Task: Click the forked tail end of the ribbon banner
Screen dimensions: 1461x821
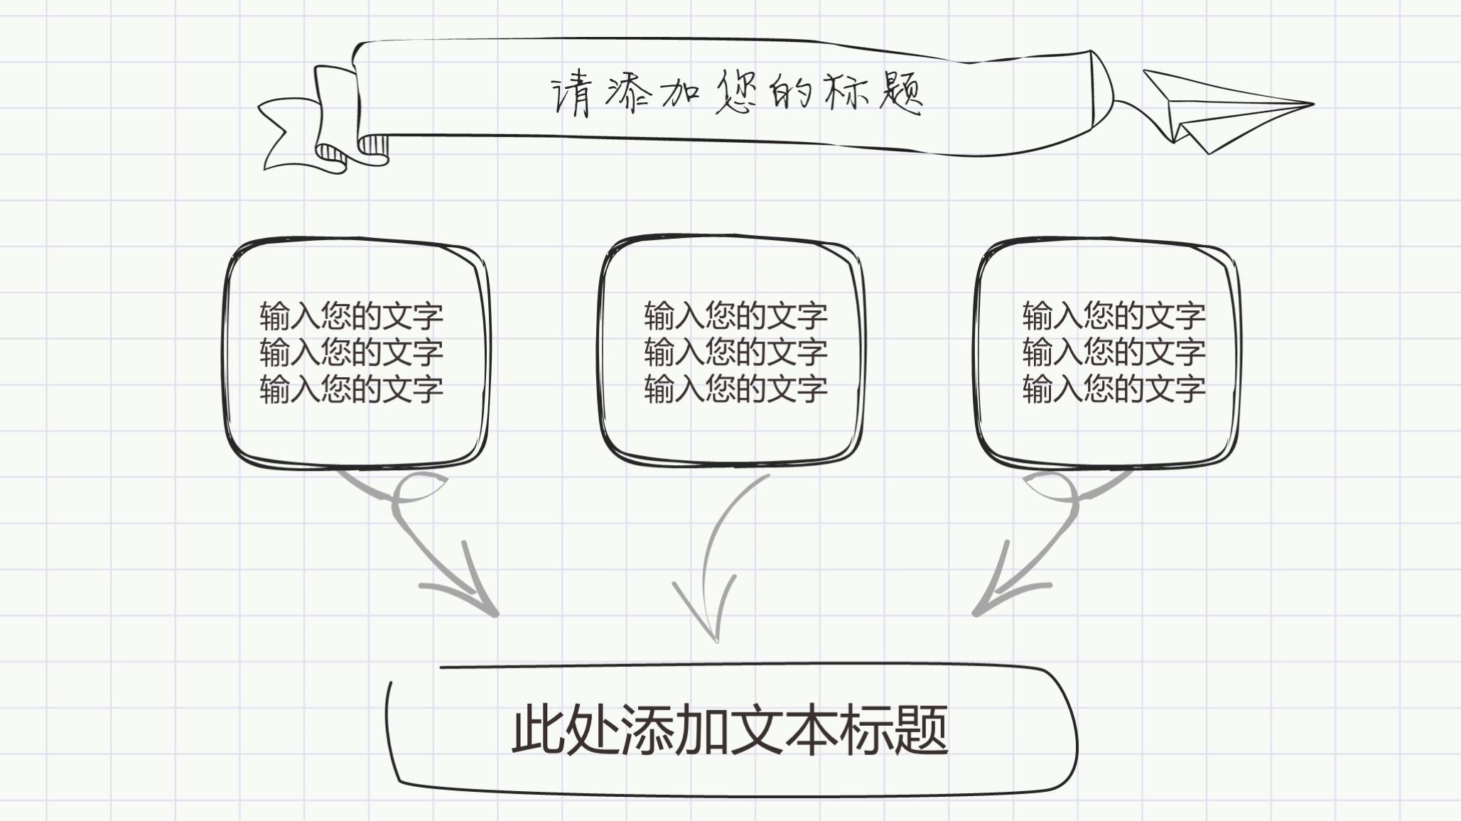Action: [x=274, y=135]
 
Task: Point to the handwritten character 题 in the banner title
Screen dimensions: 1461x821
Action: [x=900, y=93]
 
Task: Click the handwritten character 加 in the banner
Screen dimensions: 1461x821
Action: [x=680, y=93]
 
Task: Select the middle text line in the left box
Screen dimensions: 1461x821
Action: [x=351, y=352]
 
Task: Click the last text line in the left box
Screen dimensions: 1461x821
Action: [x=351, y=389]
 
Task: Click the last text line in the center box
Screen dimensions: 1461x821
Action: [x=735, y=389]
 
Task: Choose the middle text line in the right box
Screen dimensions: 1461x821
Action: [x=1114, y=352]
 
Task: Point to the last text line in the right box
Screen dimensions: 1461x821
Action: [x=1114, y=389]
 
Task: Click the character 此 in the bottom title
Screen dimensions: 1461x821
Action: [x=538, y=729]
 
